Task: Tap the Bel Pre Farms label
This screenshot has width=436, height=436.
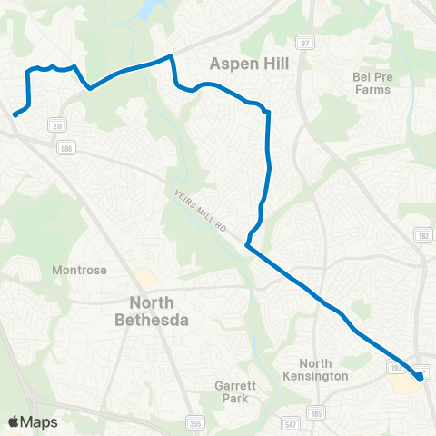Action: [371, 84]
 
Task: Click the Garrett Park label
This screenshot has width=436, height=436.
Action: [234, 391]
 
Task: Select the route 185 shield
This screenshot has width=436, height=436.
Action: [316, 414]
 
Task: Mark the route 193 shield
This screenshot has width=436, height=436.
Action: [395, 367]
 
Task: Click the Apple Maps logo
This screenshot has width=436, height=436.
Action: [34, 421]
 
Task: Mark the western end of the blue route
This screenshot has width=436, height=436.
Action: [15, 114]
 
